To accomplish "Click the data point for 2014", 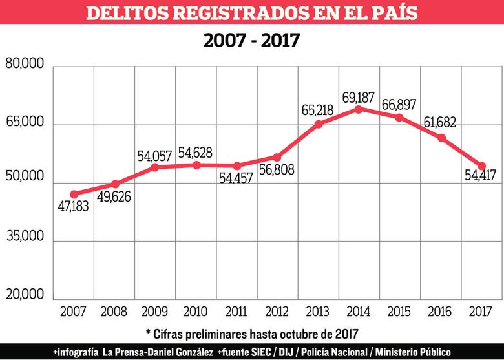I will [x=359, y=109].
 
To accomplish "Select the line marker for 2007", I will [x=74, y=194].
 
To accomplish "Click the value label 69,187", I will [x=360, y=97].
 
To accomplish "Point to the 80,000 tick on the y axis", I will [x=25, y=65].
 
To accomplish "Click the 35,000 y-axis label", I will [x=25, y=236].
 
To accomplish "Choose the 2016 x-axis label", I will [x=440, y=311].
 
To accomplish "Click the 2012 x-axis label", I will [x=277, y=311].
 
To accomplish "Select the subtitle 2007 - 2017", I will [x=251, y=40].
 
